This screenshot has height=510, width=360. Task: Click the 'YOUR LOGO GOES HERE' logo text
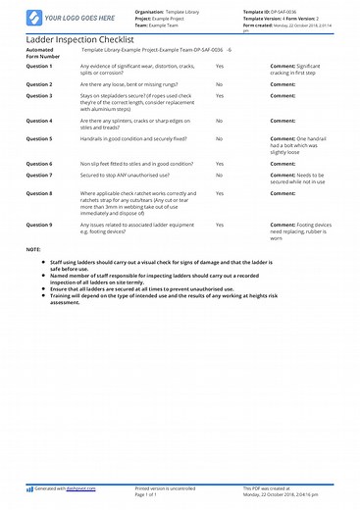click(x=62, y=18)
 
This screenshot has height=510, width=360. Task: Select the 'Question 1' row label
click(x=40, y=66)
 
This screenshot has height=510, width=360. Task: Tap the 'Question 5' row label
click(x=40, y=138)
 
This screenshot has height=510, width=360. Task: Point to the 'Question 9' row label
click(x=40, y=225)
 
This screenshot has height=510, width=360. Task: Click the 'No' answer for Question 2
click(x=219, y=85)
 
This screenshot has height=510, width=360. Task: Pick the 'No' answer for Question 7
click(x=219, y=175)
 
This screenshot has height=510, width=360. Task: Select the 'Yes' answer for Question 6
click(x=220, y=164)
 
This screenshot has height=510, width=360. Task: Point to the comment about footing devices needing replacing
click(x=302, y=231)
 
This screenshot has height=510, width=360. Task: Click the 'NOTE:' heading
click(x=34, y=249)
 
